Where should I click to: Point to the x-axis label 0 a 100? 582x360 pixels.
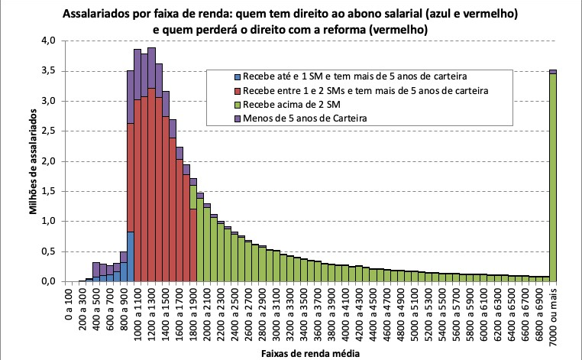(x=69, y=303)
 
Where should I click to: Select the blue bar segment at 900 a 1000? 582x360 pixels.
(x=131, y=256)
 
